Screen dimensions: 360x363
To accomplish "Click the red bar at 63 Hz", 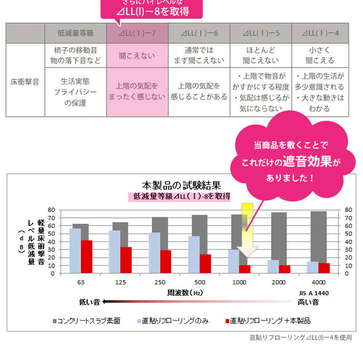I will point(87,257).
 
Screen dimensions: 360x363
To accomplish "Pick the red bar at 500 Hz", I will point(205,263).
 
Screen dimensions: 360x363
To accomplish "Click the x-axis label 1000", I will point(240,283).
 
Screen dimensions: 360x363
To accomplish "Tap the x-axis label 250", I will point(160,283).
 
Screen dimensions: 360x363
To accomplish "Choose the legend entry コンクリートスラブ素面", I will point(91,320).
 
